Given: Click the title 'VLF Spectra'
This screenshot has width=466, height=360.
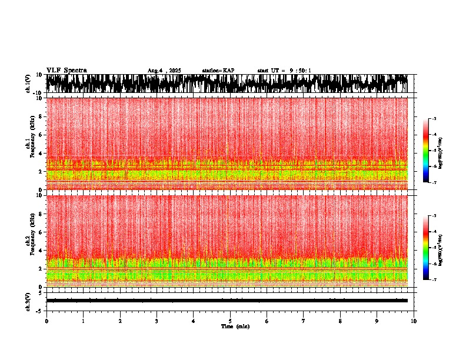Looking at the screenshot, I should [66, 71].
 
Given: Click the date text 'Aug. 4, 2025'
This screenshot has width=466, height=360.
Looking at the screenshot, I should [164, 71].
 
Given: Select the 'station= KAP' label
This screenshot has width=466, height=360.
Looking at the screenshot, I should [218, 71].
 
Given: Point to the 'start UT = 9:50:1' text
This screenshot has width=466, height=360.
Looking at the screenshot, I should [284, 71].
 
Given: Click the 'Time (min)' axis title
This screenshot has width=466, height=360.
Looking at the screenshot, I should [235, 326].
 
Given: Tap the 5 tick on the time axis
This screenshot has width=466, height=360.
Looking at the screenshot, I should [230, 321].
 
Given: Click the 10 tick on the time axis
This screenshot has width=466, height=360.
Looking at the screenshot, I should [414, 321].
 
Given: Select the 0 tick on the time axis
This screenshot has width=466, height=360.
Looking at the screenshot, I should [46, 321].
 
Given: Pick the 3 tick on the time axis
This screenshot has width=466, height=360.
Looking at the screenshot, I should [157, 321].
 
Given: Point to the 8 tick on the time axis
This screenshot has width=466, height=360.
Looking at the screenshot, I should [340, 321].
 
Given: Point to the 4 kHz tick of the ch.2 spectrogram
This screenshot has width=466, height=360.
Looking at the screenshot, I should [40, 251].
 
